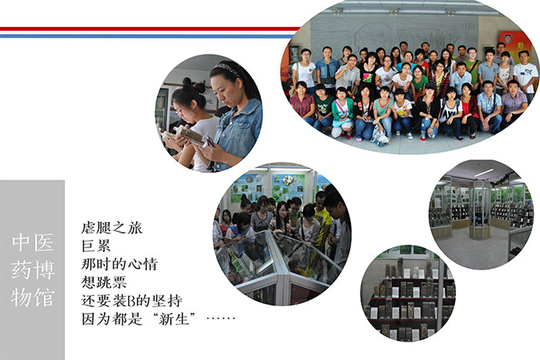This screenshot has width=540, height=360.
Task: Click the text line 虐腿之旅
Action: (x=112, y=227)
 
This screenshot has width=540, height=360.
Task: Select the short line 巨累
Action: (x=96, y=246)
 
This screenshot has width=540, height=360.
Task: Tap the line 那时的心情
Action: (x=120, y=264)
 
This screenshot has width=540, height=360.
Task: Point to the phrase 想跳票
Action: (x=104, y=282)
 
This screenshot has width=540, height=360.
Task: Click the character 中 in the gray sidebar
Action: (x=20, y=242)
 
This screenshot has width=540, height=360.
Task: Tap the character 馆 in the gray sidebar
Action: (x=44, y=298)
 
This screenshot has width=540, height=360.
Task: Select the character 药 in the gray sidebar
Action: (x=21, y=270)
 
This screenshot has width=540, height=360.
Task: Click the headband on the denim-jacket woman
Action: (x=227, y=69)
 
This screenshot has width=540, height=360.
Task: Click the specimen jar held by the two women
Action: (x=190, y=136)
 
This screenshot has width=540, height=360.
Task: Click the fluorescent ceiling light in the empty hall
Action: (x=484, y=173)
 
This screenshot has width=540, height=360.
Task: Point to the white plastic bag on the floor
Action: (x=380, y=136)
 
